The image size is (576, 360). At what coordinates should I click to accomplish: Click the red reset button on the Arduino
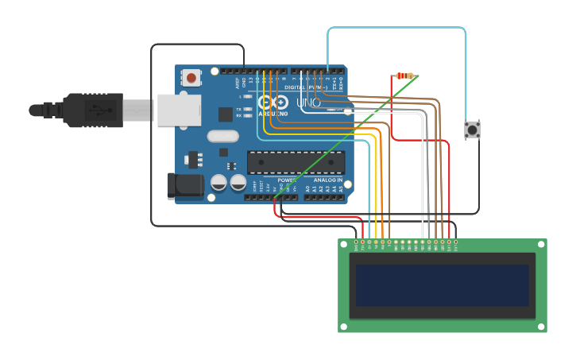(191, 78)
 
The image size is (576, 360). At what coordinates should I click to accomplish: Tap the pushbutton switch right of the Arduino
(472, 130)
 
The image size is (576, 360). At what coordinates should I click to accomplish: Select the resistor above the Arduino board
(405, 76)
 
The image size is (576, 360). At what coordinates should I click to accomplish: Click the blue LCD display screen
(442, 285)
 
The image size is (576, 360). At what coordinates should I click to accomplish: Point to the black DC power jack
(181, 185)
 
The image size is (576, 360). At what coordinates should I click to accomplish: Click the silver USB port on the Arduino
(179, 110)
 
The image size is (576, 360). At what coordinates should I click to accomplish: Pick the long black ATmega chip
(296, 162)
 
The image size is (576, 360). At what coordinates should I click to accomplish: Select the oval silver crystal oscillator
(223, 136)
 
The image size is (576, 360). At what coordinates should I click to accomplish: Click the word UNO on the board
(308, 103)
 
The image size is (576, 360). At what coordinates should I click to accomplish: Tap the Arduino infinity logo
(273, 103)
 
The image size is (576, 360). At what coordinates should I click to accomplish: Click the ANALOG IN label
(328, 180)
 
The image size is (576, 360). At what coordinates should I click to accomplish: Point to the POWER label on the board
(288, 180)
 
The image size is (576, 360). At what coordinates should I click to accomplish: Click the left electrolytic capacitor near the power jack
(218, 183)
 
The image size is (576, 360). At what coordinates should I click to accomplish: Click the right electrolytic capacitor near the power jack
(238, 183)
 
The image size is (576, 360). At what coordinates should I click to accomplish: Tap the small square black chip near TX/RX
(226, 114)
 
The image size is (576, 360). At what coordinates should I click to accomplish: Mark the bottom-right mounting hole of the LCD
(541, 327)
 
